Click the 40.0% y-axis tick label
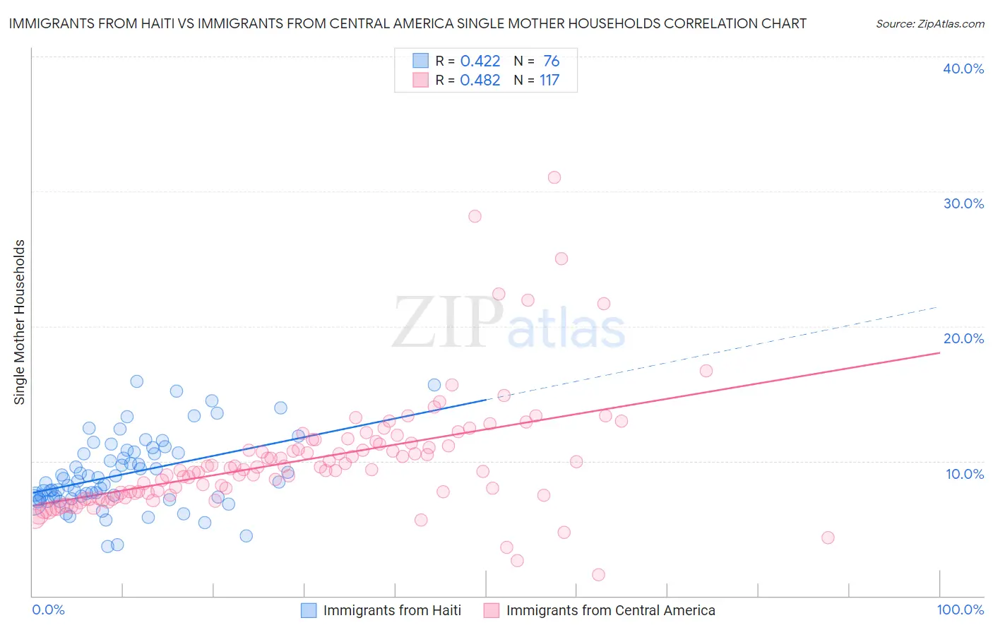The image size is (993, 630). pos(963,69)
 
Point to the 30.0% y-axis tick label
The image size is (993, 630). pos(963,203)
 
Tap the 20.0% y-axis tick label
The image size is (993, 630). pos(963,338)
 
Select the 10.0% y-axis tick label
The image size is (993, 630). pos(965,474)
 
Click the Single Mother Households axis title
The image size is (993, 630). pos(20,322)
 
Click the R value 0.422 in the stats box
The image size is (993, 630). pos(480,61)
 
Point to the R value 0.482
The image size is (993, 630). pos(480,81)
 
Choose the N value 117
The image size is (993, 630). pos(549,81)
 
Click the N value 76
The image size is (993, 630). pos(552,61)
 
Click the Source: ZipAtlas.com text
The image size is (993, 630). pos(929,24)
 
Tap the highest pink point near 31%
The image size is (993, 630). pos(554,177)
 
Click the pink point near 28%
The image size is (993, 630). pos(475,216)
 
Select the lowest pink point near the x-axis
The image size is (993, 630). pos(598,575)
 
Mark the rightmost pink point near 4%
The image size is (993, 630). pos(828,537)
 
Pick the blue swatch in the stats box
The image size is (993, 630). pos(420,61)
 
